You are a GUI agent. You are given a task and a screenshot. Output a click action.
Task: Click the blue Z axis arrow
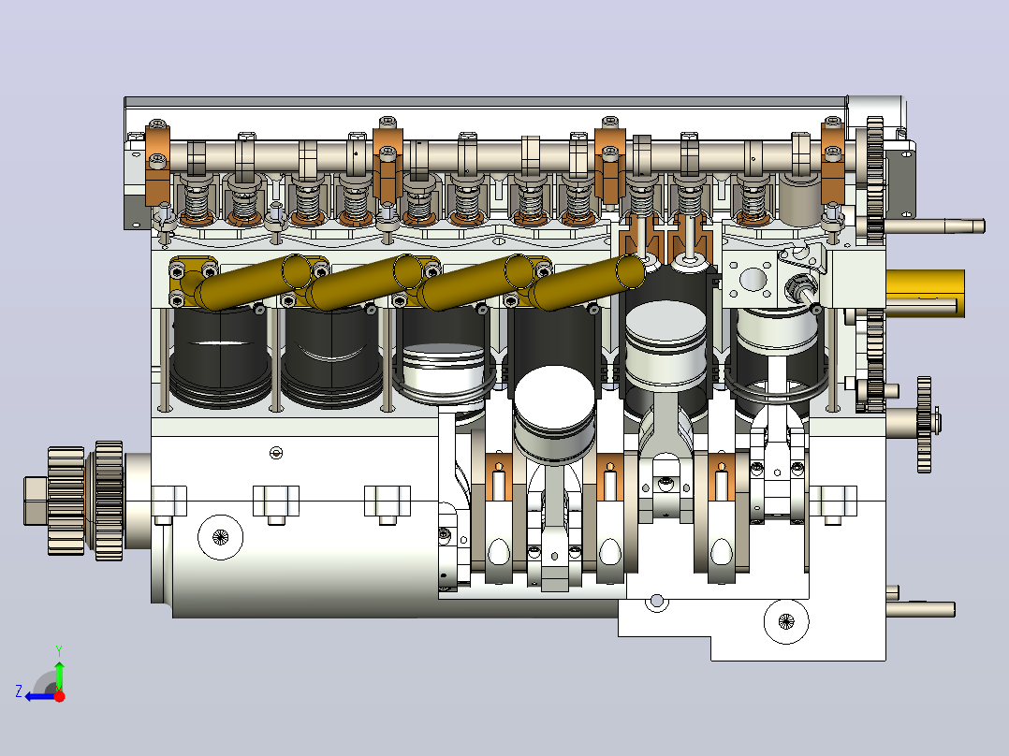tap(40, 696)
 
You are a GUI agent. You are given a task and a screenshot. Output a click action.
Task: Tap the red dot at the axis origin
tap(59, 696)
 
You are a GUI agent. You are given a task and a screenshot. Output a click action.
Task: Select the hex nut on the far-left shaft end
tap(36, 501)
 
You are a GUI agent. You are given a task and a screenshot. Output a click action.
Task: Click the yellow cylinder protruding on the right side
tap(926, 294)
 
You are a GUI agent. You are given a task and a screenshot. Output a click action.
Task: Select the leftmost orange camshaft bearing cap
tap(157, 164)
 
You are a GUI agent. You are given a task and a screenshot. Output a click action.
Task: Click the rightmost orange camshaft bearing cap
tap(833, 162)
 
